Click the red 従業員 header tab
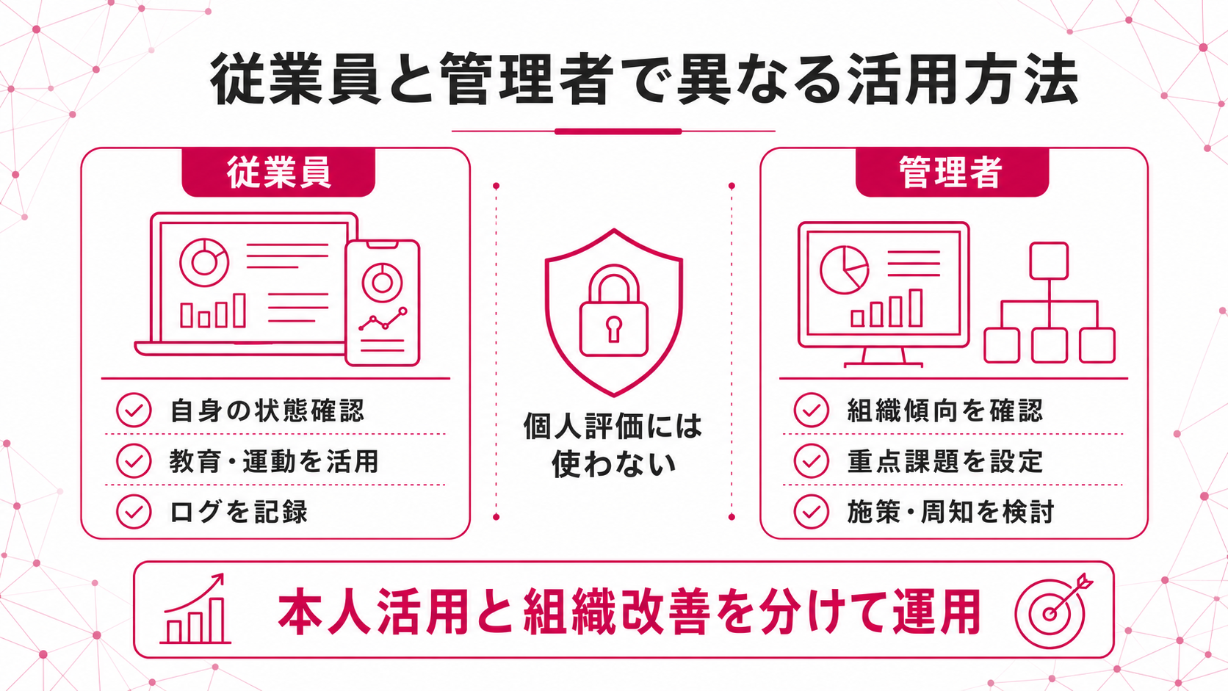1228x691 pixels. point(278,172)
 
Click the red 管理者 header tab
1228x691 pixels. point(953,172)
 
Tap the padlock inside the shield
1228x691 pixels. point(614,311)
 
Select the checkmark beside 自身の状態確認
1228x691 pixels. point(134,410)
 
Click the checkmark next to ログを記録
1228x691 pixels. point(134,512)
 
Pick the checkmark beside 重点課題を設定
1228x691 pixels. point(812,461)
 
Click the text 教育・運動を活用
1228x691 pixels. point(274,461)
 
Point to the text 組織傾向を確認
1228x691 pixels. point(945,410)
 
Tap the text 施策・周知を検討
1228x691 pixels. point(950,512)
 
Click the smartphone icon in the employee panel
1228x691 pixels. point(383,303)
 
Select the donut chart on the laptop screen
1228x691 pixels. point(204,262)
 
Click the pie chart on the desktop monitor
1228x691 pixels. point(845,269)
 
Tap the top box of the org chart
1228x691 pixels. point(1049,261)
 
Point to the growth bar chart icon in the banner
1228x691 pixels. point(195,608)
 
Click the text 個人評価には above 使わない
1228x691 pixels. point(613,427)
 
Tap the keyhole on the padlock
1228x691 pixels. point(614,328)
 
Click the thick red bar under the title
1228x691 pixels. point(618,131)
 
